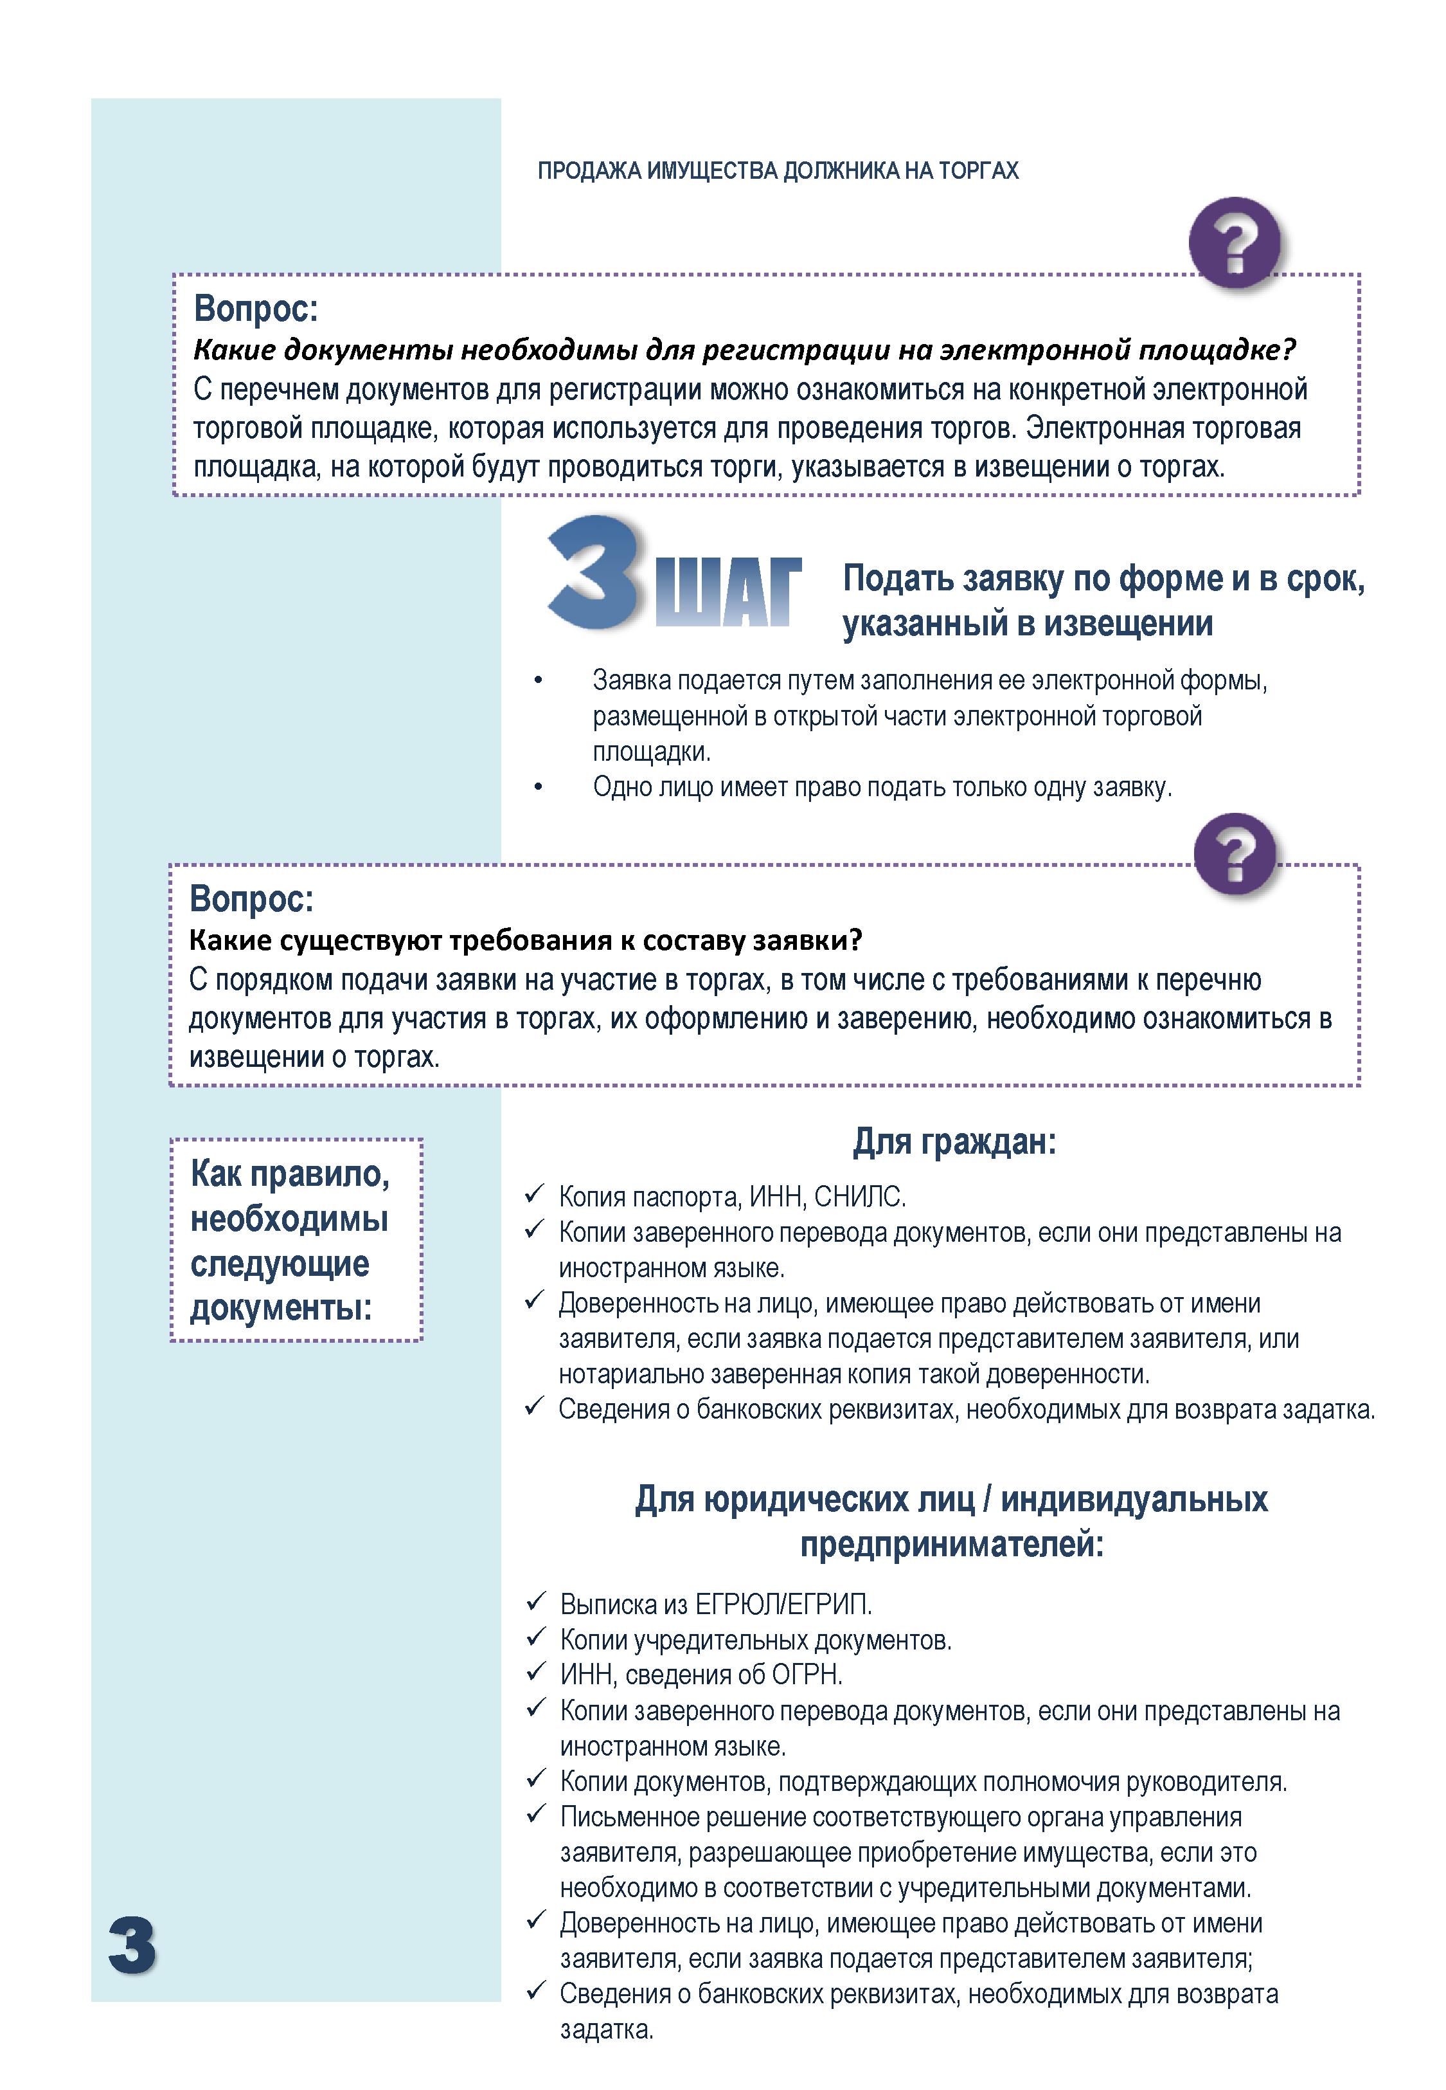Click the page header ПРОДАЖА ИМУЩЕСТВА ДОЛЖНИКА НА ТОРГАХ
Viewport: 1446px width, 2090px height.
tap(778, 171)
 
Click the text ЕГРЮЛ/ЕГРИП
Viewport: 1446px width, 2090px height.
tap(782, 1604)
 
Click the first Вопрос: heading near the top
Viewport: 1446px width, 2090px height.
tap(256, 309)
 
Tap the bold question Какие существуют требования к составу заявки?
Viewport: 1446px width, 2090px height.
tap(526, 941)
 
